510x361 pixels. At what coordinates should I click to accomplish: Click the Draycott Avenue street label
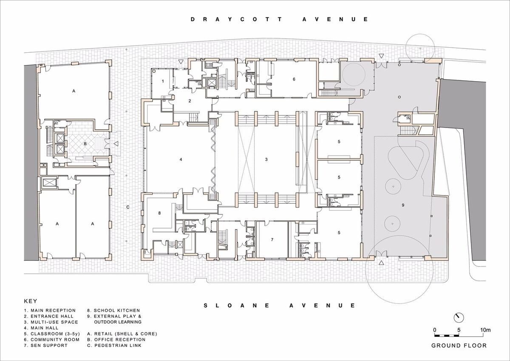[x=279, y=19]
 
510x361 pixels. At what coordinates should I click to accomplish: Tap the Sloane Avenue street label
[x=279, y=305]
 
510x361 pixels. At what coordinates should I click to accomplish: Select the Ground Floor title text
[x=459, y=345]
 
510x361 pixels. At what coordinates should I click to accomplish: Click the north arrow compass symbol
[x=459, y=317]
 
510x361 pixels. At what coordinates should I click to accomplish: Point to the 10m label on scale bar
[x=485, y=330]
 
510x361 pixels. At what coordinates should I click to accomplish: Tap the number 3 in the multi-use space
[x=266, y=159]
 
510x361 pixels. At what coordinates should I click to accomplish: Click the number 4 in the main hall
[x=181, y=159]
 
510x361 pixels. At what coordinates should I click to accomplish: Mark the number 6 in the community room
[x=294, y=79]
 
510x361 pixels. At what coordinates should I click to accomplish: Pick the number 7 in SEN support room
[x=272, y=239]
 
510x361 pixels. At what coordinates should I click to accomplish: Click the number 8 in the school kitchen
[x=159, y=213]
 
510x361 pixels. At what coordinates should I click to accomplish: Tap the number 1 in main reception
[x=163, y=81]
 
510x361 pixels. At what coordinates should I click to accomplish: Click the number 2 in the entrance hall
[x=190, y=101]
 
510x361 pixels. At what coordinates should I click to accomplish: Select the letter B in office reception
[x=85, y=144]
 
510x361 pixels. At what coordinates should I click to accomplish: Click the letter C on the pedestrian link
[x=127, y=207]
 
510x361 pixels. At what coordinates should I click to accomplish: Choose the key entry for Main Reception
[x=50, y=310]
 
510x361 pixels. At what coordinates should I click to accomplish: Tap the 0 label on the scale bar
[x=434, y=330]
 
